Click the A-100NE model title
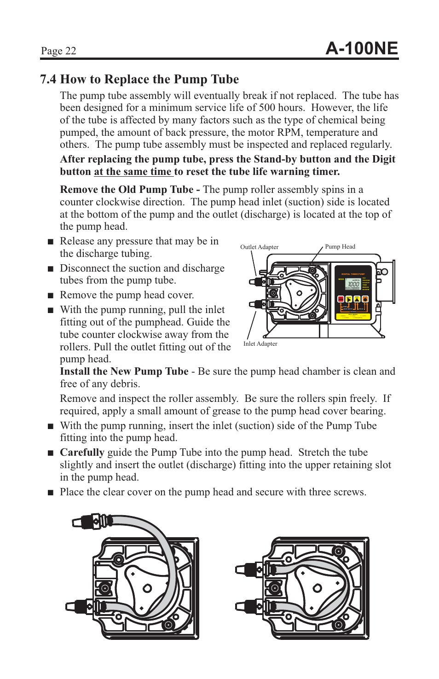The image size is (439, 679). (361, 48)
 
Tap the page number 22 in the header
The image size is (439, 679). (70, 51)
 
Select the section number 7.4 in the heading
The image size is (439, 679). (48, 80)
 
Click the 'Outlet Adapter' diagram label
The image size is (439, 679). (259, 247)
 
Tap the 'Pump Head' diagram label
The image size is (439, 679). (340, 247)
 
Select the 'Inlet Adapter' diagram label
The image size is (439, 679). (260, 344)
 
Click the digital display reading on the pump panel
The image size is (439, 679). (353, 284)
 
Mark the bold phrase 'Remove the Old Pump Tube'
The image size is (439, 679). (127, 190)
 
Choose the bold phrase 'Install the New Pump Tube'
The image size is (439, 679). (124, 371)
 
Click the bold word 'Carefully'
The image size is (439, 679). (82, 453)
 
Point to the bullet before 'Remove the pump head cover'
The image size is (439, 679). (51, 296)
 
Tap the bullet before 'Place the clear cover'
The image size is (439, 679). (51, 493)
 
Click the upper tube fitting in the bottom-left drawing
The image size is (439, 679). (92, 522)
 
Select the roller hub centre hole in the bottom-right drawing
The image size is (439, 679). (317, 588)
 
